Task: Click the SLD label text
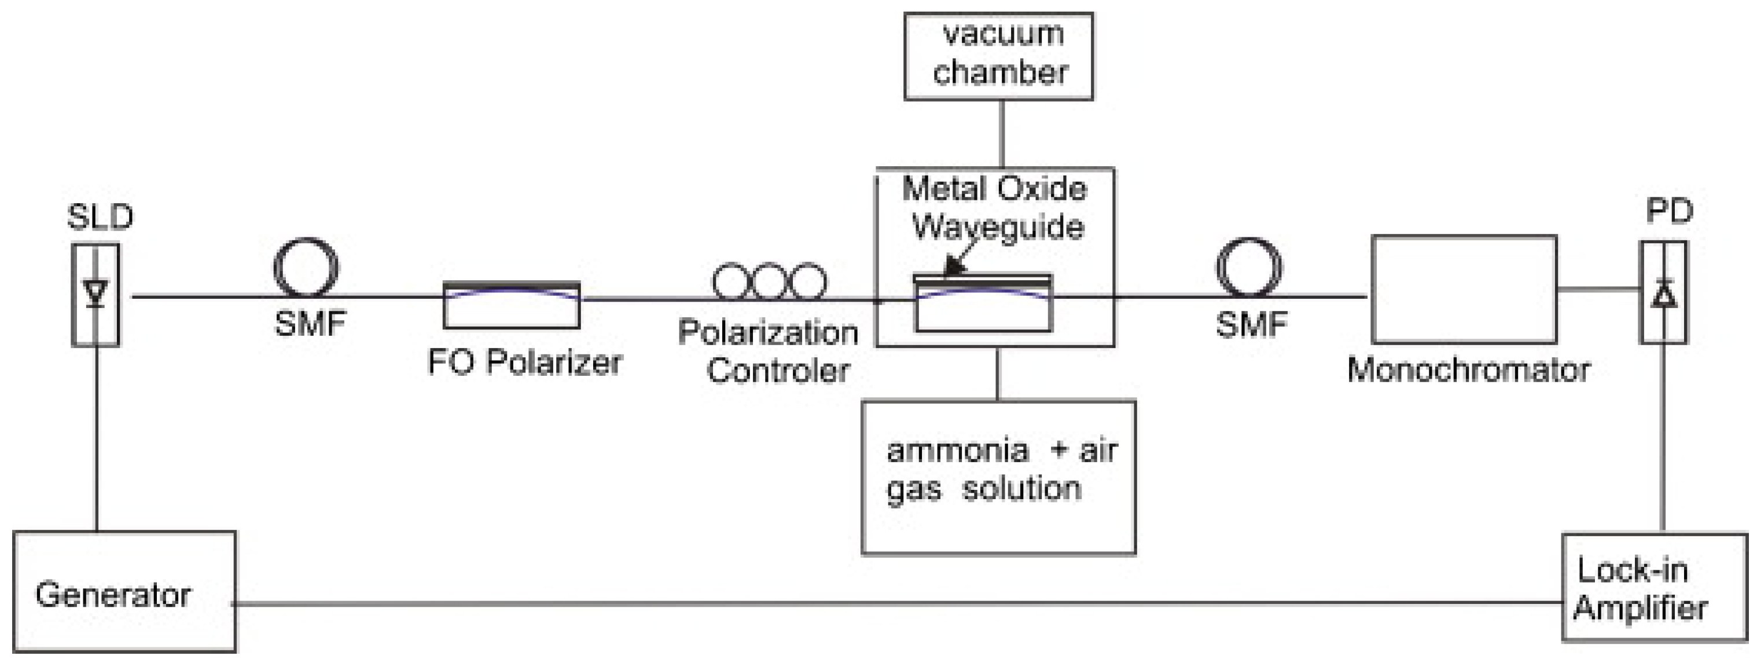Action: (100, 217)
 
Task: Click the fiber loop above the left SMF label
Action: (306, 268)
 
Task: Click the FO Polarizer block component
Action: (512, 306)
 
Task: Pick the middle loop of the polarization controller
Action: (769, 281)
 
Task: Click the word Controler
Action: (778, 371)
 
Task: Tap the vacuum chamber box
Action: (998, 56)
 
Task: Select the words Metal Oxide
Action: (994, 189)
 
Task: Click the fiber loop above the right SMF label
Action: (1248, 268)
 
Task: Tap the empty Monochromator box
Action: (1464, 289)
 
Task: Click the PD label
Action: (1669, 211)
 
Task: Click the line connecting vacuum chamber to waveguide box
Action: (1001, 134)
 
